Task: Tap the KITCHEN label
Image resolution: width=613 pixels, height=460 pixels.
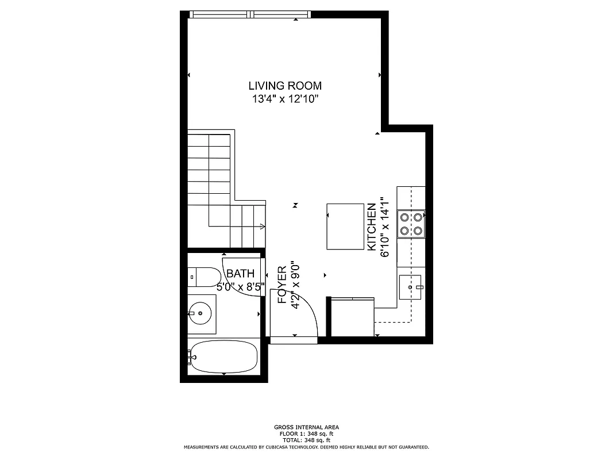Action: pos(372,227)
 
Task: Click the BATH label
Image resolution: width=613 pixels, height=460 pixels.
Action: pos(236,274)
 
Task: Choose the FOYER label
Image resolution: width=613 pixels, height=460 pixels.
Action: pos(282,285)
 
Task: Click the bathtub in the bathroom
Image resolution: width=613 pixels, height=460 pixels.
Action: pos(223,358)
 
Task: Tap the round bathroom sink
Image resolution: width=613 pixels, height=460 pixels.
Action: pos(199,313)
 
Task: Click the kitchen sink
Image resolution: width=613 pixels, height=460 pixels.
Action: pos(411,286)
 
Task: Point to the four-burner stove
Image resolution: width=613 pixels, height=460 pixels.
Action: pos(411,224)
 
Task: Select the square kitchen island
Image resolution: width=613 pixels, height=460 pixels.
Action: pos(345,226)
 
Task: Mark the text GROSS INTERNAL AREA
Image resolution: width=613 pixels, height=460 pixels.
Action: pos(306,427)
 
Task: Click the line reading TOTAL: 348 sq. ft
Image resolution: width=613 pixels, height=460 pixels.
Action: pos(306,440)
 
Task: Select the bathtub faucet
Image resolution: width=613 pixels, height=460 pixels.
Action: pos(191,358)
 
